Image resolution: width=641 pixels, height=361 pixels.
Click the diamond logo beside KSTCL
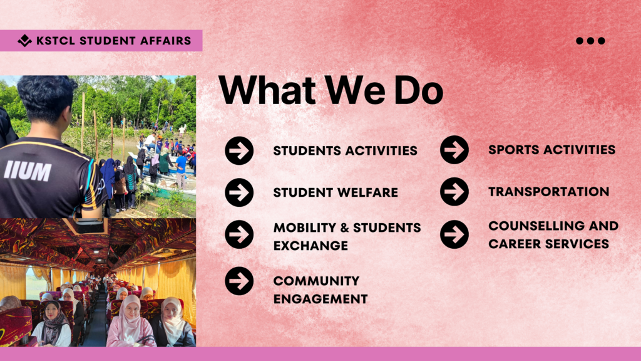click(x=24, y=40)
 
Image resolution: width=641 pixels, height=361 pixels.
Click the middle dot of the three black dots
click(x=590, y=41)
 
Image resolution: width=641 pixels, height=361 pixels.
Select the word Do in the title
click(x=419, y=90)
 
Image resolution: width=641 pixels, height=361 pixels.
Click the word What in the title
click(x=267, y=89)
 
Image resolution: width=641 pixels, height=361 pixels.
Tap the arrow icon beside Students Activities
click(x=239, y=150)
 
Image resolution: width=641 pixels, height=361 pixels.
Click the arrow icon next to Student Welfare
click(x=239, y=192)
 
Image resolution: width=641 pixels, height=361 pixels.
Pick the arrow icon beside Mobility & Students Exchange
click(x=239, y=234)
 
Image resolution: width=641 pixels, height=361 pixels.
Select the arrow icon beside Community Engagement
click(x=239, y=281)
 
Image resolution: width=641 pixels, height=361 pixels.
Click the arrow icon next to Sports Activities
click(x=454, y=150)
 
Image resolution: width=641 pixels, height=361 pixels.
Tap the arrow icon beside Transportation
click(x=454, y=192)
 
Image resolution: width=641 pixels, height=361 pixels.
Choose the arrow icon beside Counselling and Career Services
click(x=454, y=234)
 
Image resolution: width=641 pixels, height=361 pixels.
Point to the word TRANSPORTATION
click(x=548, y=192)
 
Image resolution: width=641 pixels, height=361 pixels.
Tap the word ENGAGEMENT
click(x=320, y=299)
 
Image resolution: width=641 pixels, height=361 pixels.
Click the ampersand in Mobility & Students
click(x=346, y=228)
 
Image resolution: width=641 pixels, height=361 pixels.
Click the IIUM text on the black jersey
click(x=28, y=170)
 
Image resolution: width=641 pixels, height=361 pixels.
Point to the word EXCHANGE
click(x=310, y=246)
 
